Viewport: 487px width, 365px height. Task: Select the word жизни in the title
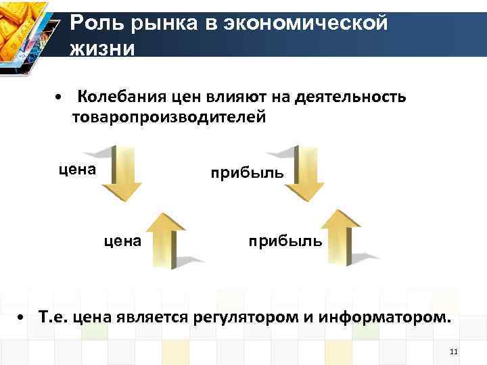(x=103, y=49)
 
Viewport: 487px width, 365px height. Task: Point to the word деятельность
(x=350, y=97)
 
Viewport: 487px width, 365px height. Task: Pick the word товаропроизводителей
(x=170, y=117)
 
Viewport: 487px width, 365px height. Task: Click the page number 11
(x=454, y=352)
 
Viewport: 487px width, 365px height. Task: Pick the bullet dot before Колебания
(x=60, y=97)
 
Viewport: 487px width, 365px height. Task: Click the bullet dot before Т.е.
(x=22, y=318)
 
